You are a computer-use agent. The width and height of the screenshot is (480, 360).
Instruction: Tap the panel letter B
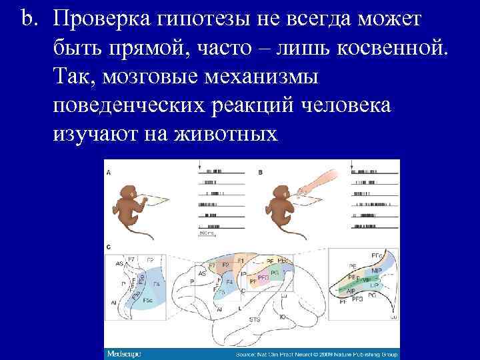click(260, 172)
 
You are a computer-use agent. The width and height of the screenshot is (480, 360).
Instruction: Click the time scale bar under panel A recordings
click(206, 231)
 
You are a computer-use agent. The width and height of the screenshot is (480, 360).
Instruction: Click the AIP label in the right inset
click(351, 291)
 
